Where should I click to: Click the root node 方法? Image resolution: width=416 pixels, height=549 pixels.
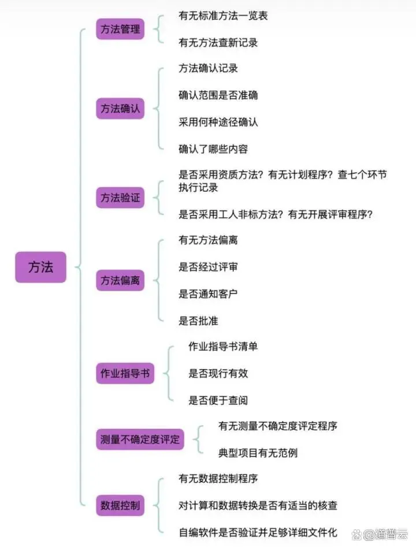[x=40, y=268]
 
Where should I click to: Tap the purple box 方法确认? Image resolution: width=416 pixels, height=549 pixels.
[x=120, y=109]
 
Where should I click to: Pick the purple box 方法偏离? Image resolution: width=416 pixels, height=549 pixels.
[x=120, y=281]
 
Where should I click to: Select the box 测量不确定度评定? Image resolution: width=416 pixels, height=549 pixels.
[x=140, y=440]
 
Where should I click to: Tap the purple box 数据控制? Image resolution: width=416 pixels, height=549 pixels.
[x=120, y=505]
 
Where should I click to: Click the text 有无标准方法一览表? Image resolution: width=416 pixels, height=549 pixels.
[x=223, y=16]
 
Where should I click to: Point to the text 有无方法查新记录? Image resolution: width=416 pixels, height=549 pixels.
[x=218, y=42]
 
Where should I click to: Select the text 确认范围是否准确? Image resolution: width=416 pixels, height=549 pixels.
[x=218, y=95]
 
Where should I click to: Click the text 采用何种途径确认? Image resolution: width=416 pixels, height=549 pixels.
[x=218, y=122]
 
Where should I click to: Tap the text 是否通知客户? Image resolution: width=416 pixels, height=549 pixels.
[x=208, y=294]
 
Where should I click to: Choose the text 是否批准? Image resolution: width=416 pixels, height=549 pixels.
[x=198, y=320]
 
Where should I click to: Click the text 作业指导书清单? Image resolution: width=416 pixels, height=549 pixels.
[x=223, y=347]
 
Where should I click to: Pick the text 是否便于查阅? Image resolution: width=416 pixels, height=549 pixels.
[x=218, y=400]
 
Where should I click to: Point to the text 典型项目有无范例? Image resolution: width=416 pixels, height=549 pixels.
[x=258, y=452]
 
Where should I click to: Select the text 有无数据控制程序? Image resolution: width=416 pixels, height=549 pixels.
[x=218, y=478]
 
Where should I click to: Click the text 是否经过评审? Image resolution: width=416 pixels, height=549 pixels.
[x=208, y=267]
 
